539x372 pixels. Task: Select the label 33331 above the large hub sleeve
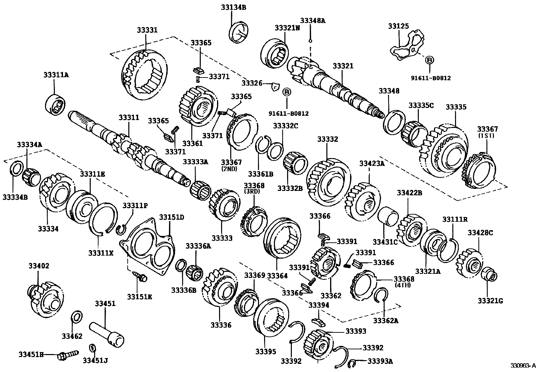[147, 30]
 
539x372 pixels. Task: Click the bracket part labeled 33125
[406, 47]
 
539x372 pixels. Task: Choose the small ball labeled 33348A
[310, 41]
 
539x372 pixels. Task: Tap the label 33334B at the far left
[15, 197]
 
